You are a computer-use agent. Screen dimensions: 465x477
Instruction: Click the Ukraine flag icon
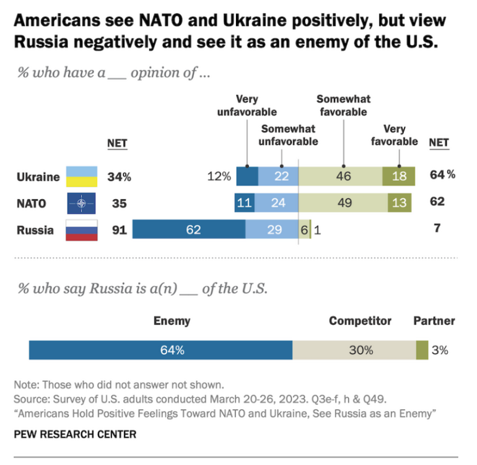point(81,177)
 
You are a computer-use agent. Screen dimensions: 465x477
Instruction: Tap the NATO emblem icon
point(81,203)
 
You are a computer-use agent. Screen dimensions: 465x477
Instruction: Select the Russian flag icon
point(81,230)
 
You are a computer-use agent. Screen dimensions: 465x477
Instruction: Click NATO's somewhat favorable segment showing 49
point(343,203)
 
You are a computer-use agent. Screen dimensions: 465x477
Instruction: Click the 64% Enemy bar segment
point(160,350)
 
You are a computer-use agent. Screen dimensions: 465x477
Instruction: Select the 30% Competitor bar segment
point(354,350)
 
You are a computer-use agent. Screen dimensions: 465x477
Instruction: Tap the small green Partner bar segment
point(422,350)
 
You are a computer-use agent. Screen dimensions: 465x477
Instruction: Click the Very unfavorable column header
point(247,105)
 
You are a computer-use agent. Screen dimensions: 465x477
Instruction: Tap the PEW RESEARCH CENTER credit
point(75,435)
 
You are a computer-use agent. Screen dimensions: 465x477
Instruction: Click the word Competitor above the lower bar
point(360,321)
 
